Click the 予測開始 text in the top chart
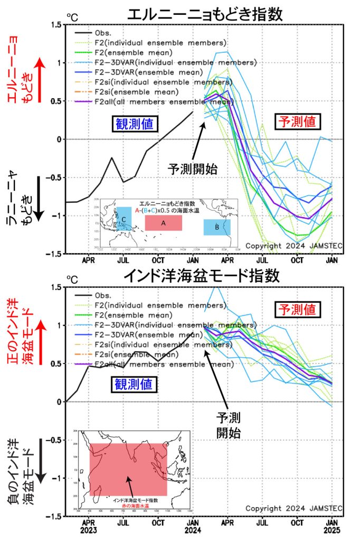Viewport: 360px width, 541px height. point(193,170)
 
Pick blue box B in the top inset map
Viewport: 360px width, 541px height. point(217,227)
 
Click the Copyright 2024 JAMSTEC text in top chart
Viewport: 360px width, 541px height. point(294,245)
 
